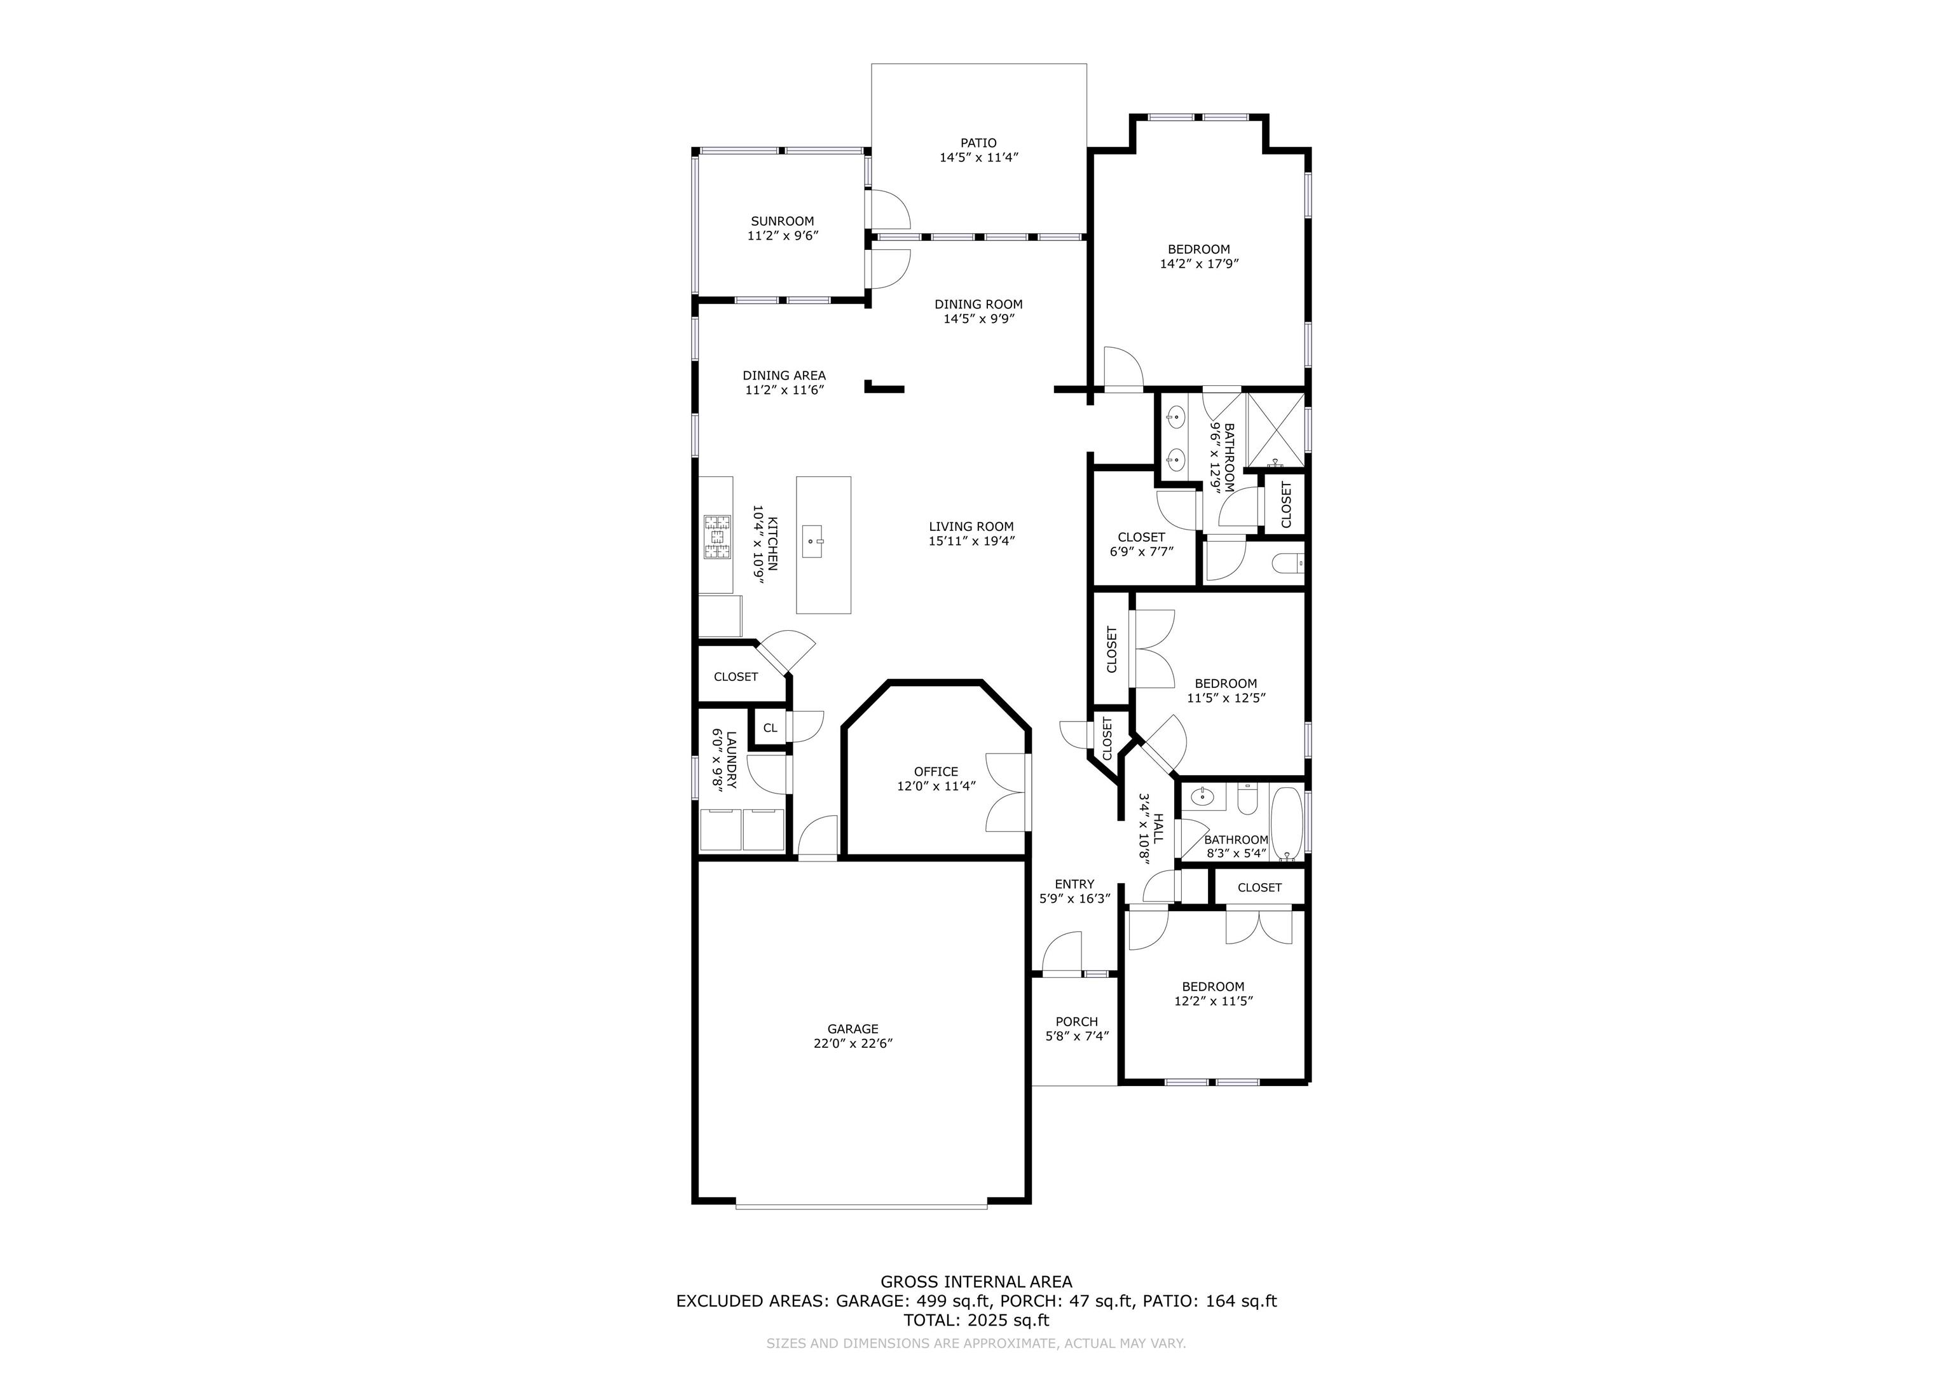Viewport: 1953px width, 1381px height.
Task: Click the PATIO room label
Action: coord(979,143)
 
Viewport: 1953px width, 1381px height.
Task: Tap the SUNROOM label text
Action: coord(782,221)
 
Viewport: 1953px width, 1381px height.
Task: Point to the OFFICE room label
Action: coord(936,772)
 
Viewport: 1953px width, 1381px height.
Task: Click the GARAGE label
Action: coord(853,1029)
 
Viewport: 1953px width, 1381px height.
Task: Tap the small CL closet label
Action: coord(770,727)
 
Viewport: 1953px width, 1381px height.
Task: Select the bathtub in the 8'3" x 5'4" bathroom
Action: coord(1285,823)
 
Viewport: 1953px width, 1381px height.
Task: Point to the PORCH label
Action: coord(1076,1022)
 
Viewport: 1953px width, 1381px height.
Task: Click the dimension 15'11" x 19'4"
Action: coord(971,541)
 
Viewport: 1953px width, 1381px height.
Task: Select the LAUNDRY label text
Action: coord(730,760)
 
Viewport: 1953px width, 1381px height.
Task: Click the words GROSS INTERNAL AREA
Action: coord(976,1281)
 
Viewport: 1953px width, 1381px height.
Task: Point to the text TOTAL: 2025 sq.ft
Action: coord(976,1321)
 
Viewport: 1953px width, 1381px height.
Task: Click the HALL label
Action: coord(1158,827)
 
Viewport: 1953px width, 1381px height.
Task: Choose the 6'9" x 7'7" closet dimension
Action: coord(1142,551)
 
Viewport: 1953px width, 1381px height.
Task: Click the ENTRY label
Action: coord(1074,884)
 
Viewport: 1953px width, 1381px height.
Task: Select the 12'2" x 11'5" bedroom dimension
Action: coord(1213,1001)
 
